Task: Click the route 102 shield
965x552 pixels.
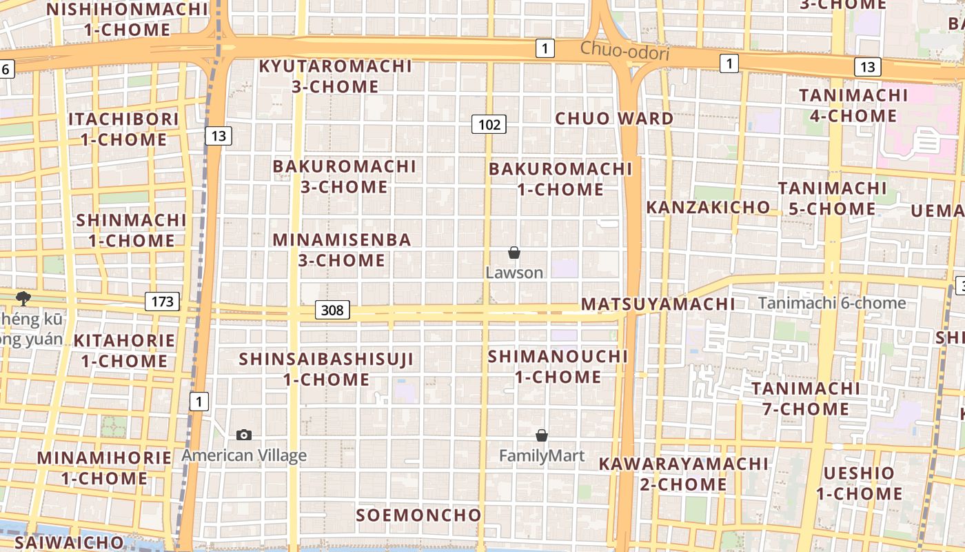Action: (489, 124)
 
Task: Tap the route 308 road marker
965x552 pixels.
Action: (332, 310)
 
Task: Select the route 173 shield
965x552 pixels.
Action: (162, 301)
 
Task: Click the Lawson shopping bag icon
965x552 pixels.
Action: (514, 253)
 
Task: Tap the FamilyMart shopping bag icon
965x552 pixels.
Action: (542, 435)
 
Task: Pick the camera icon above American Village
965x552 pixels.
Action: (243, 435)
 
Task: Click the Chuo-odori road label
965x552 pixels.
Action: (624, 50)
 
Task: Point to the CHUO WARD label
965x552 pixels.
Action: (614, 118)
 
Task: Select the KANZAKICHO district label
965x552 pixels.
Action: (708, 207)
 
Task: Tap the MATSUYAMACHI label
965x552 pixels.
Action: (658, 304)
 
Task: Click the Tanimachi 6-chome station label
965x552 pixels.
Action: (832, 303)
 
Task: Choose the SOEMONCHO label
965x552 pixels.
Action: (418, 515)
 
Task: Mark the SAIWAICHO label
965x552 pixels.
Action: (69, 542)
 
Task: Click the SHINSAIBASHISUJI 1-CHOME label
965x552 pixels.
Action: (326, 368)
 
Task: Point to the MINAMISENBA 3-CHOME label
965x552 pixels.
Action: (342, 250)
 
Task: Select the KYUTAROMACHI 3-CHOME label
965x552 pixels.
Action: (336, 76)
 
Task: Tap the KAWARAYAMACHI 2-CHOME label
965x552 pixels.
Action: (682, 473)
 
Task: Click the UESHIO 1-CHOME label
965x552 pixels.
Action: (859, 483)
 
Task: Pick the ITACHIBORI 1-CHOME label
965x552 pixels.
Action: (123, 128)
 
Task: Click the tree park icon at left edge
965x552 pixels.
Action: (23, 298)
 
